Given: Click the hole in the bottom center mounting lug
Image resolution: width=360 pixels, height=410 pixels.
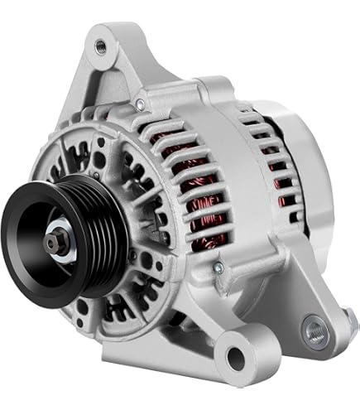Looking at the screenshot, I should tap(235, 358).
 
